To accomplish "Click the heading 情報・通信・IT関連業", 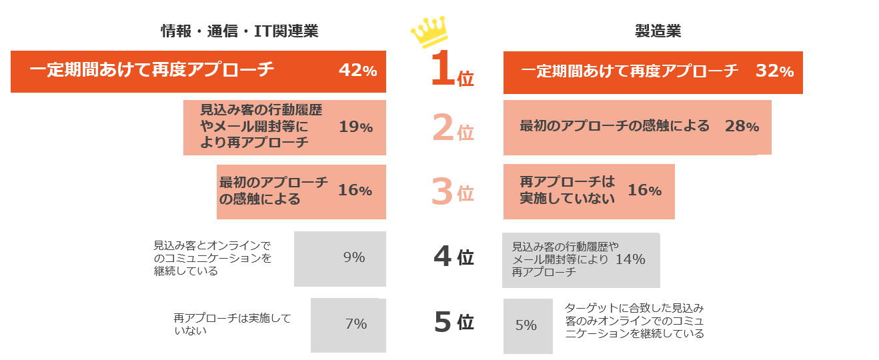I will click(x=239, y=31).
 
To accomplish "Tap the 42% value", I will click(x=358, y=71).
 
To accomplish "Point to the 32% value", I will click(x=774, y=71).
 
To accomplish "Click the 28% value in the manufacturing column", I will click(x=742, y=127).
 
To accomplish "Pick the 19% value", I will click(x=355, y=127).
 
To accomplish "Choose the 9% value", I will click(x=354, y=257).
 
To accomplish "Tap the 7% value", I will click(x=356, y=324).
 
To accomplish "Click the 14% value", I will click(x=630, y=260).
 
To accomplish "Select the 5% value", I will click(x=526, y=325).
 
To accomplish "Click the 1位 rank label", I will click(x=452, y=72).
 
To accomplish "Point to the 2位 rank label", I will click(x=453, y=128).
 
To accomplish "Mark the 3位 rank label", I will click(x=453, y=192).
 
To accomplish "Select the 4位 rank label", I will click(x=453, y=257).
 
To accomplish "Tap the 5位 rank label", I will click(x=453, y=322).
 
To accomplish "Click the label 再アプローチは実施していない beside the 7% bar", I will click(x=232, y=324).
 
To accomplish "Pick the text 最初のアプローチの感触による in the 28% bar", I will click(x=614, y=126).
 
